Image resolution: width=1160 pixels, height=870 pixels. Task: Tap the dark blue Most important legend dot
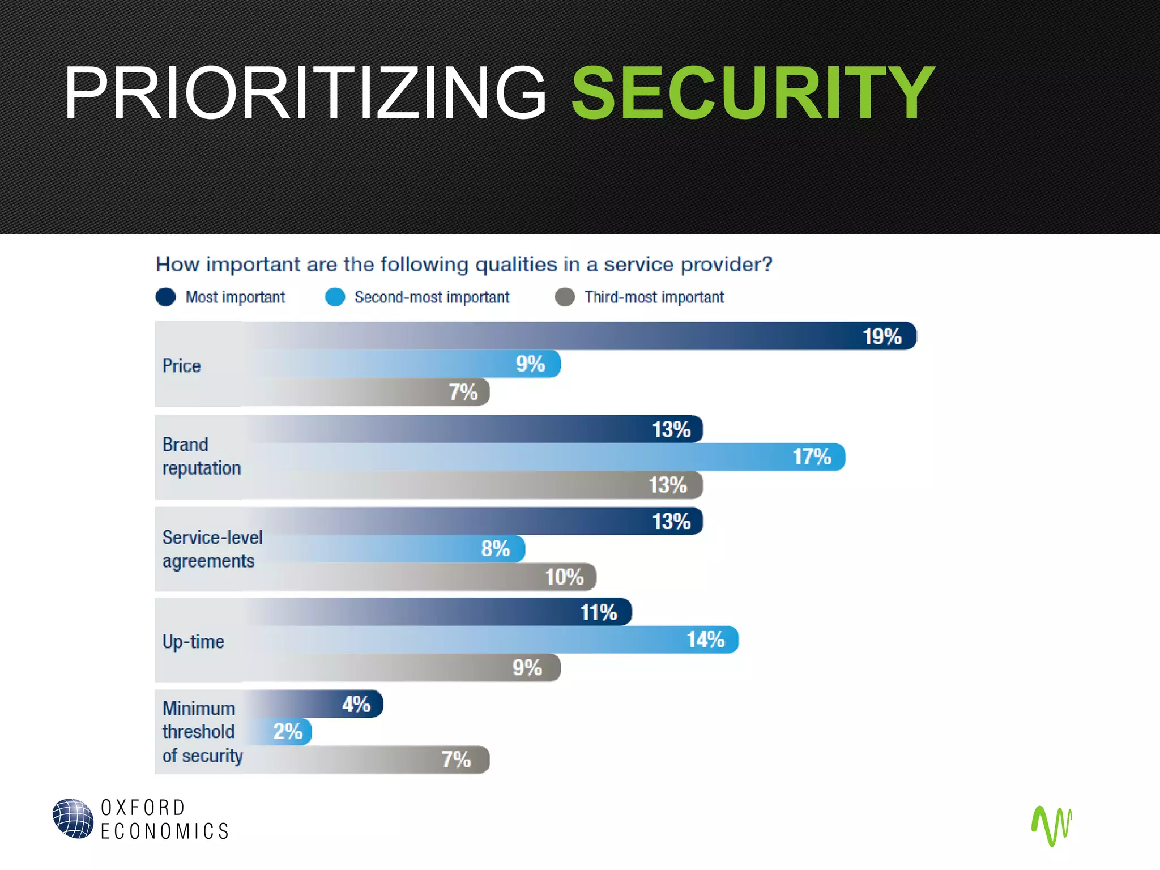point(166,297)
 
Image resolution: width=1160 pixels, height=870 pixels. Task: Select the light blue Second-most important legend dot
point(335,297)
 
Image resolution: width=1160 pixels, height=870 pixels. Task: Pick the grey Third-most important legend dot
point(565,297)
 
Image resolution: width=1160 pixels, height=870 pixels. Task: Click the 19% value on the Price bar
point(881,336)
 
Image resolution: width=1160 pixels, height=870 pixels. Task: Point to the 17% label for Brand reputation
point(811,457)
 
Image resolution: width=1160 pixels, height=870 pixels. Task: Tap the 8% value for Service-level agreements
point(495,548)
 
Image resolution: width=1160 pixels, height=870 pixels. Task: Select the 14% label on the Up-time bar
point(705,639)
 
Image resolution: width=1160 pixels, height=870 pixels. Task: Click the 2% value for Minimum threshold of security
point(288,731)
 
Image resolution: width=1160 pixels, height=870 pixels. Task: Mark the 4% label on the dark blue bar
point(356,704)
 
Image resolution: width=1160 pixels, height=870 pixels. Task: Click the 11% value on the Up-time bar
point(598,612)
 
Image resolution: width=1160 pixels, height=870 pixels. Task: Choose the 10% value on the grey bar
point(564,577)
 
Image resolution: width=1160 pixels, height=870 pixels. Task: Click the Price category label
point(181,366)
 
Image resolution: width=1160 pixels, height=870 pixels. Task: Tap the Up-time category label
point(193,642)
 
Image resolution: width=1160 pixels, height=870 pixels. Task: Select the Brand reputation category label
point(201,457)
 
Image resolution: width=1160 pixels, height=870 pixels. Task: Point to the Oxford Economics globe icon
point(73,818)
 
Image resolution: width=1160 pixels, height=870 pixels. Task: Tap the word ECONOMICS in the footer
point(164,831)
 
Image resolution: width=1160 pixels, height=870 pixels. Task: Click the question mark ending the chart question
point(767,264)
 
